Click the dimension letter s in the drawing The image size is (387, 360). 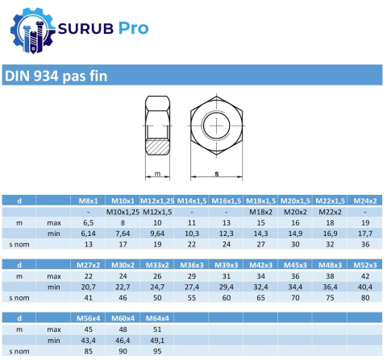(216, 173)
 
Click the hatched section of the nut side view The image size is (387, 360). (157, 146)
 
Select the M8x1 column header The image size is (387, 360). (88, 200)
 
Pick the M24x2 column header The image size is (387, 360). (366, 200)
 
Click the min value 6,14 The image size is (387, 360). (88, 233)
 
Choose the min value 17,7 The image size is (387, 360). (366, 233)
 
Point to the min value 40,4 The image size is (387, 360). (366, 287)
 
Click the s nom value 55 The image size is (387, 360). (192, 298)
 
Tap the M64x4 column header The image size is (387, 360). (157, 318)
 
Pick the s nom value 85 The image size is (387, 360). (88, 351)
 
